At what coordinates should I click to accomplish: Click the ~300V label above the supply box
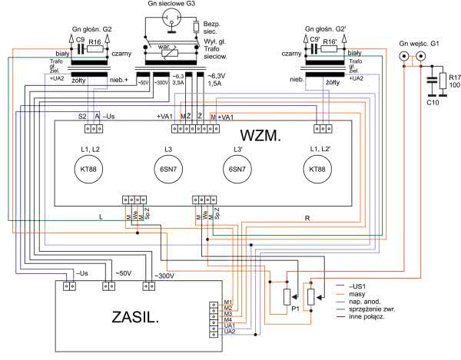165,275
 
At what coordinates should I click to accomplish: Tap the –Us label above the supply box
83,272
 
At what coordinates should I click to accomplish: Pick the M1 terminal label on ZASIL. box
228,302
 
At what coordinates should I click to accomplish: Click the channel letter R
307,218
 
